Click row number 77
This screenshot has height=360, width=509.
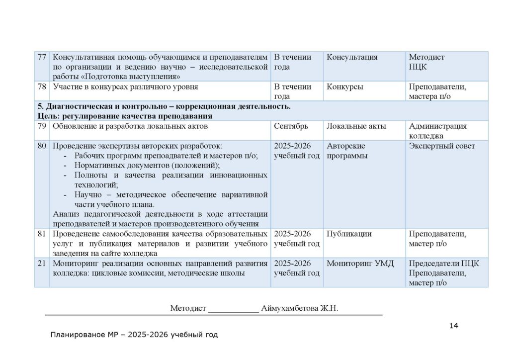tap(42, 57)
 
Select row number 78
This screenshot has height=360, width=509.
tap(42, 87)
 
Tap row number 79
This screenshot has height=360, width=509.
tap(42, 126)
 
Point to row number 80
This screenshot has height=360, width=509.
tap(42, 146)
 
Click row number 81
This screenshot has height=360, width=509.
tap(42, 234)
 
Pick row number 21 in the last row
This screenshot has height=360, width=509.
tap(42, 264)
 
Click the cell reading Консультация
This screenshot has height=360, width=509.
tap(352, 57)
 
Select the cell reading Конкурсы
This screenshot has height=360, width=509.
tap(344, 87)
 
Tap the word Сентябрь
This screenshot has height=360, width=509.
tap(291, 126)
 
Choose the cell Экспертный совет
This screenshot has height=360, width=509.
tap(442, 146)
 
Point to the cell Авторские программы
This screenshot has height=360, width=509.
tap(347, 151)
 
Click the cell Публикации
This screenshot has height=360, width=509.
tap(349, 234)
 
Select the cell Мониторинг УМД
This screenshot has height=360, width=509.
tap(360, 264)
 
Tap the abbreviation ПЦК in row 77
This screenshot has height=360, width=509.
tap(418, 67)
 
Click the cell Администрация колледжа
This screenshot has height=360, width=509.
tap(437, 131)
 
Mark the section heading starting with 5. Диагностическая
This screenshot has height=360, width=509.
tap(164, 106)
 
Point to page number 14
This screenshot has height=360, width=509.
tap(453, 326)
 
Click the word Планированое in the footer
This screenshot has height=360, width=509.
tap(75, 335)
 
